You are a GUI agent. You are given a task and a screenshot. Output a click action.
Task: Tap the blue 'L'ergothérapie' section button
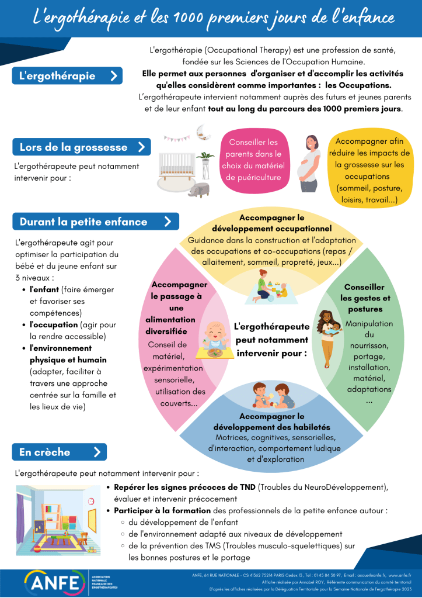click(x=67, y=75)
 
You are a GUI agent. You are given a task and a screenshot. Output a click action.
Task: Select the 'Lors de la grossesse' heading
click(x=81, y=147)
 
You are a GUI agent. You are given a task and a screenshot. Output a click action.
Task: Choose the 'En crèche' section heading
click(x=59, y=452)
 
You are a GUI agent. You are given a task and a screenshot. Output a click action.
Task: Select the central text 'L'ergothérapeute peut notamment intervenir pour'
click(x=271, y=340)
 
